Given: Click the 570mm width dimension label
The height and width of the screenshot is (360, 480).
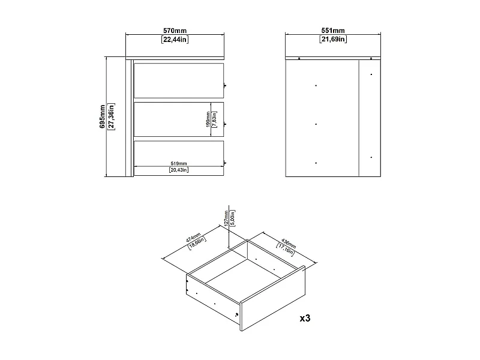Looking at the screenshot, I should (x=175, y=31).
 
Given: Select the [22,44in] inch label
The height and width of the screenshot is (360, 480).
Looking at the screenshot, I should (x=175, y=40).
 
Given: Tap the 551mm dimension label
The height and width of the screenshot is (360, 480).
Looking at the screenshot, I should (x=333, y=31).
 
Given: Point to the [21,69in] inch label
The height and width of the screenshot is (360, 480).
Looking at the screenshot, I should (x=333, y=40).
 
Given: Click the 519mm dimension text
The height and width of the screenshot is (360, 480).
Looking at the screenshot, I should (x=179, y=163).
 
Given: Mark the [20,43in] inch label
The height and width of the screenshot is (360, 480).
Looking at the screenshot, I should (x=179, y=170).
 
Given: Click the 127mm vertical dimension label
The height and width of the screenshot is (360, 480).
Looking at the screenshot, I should (x=226, y=217).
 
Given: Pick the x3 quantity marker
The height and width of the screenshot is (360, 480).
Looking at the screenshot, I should (x=304, y=317).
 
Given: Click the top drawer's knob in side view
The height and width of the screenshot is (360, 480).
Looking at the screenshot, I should (x=225, y=86).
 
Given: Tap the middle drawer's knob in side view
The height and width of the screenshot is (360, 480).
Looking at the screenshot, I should (x=225, y=124).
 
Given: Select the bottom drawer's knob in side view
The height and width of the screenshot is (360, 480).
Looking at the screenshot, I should (x=225, y=162).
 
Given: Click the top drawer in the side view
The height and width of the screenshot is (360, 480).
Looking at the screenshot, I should (x=178, y=80).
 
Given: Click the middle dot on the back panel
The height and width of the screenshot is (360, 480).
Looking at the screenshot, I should (x=316, y=124).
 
